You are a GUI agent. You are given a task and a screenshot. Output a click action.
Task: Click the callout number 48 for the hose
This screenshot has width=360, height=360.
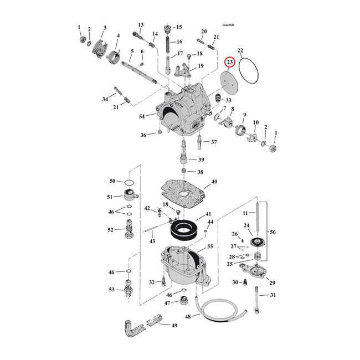click(188, 317)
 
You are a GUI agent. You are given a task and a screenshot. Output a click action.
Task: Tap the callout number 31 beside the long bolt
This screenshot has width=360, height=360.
click(272, 295)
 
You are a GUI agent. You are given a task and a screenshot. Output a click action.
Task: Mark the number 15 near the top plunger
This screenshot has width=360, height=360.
click(178, 27)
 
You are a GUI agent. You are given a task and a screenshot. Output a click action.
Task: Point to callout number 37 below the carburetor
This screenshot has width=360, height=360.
click(214, 142)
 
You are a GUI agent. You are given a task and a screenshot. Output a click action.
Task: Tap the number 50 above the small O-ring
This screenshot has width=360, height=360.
click(112, 181)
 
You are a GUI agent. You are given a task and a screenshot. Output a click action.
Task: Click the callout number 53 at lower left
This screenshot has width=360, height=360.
click(112, 290)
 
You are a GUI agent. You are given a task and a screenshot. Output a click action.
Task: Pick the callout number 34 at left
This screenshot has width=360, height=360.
click(105, 99)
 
